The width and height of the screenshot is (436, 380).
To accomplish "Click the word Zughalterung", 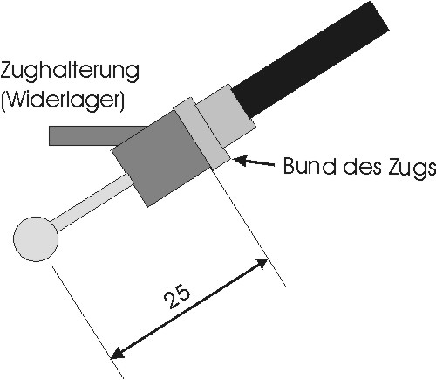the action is tap(70, 73).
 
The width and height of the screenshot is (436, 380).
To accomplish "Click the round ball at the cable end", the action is tap(36, 238).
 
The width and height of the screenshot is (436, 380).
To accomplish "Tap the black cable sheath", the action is tap(311, 59).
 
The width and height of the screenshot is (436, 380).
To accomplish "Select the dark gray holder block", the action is tap(161, 158).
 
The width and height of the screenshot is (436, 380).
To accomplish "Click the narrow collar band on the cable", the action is tap(202, 134).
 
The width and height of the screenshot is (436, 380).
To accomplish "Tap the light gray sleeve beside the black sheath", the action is tap(226, 115).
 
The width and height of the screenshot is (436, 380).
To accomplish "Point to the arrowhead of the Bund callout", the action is tap(239, 160).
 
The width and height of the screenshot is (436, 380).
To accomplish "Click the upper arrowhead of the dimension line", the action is tap(260, 263).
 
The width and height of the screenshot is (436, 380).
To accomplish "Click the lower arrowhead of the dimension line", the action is tap(118, 352).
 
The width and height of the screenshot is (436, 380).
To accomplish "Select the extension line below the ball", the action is tap(87, 321).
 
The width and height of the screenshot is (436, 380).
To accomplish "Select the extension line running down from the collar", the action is tap(249, 227).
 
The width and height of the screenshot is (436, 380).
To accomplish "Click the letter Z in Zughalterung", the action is tap(7, 71).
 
